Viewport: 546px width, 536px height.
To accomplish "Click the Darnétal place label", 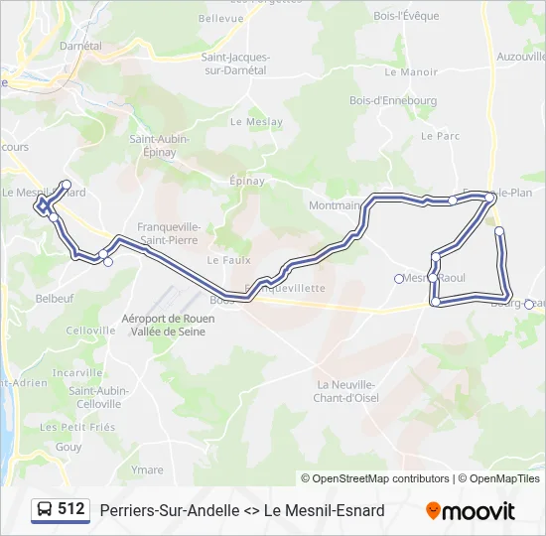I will click(80, 46).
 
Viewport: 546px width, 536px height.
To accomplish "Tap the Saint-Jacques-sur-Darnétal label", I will click(234, 65).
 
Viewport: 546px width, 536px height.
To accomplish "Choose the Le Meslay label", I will click(250, 122).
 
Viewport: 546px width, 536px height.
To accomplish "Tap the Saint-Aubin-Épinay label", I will click(153, 147).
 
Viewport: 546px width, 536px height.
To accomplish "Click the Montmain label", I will click(335, 205).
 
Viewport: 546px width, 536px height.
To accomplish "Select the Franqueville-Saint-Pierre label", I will click(169, 233).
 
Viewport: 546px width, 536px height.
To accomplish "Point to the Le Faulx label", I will click(225, 260).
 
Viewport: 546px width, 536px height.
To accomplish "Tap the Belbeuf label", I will click(55, 298).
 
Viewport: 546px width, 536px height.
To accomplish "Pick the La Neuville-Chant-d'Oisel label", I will click(346, 391).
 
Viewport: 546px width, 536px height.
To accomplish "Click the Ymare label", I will click(147, 469).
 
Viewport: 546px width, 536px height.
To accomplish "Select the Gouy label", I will click(68, 448).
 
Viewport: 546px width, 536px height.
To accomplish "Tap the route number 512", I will click(71, 509).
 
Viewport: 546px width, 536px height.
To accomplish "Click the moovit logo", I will click(471, 511).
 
